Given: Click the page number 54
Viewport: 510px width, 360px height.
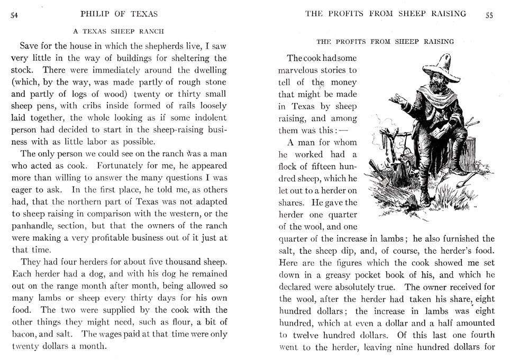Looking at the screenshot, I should [14, 15].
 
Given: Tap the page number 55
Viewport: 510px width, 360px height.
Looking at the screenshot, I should [489, 15].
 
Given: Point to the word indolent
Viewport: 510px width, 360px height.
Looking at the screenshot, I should [208, 118].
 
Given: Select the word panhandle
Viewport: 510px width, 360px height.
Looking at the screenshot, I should [40, 226].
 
